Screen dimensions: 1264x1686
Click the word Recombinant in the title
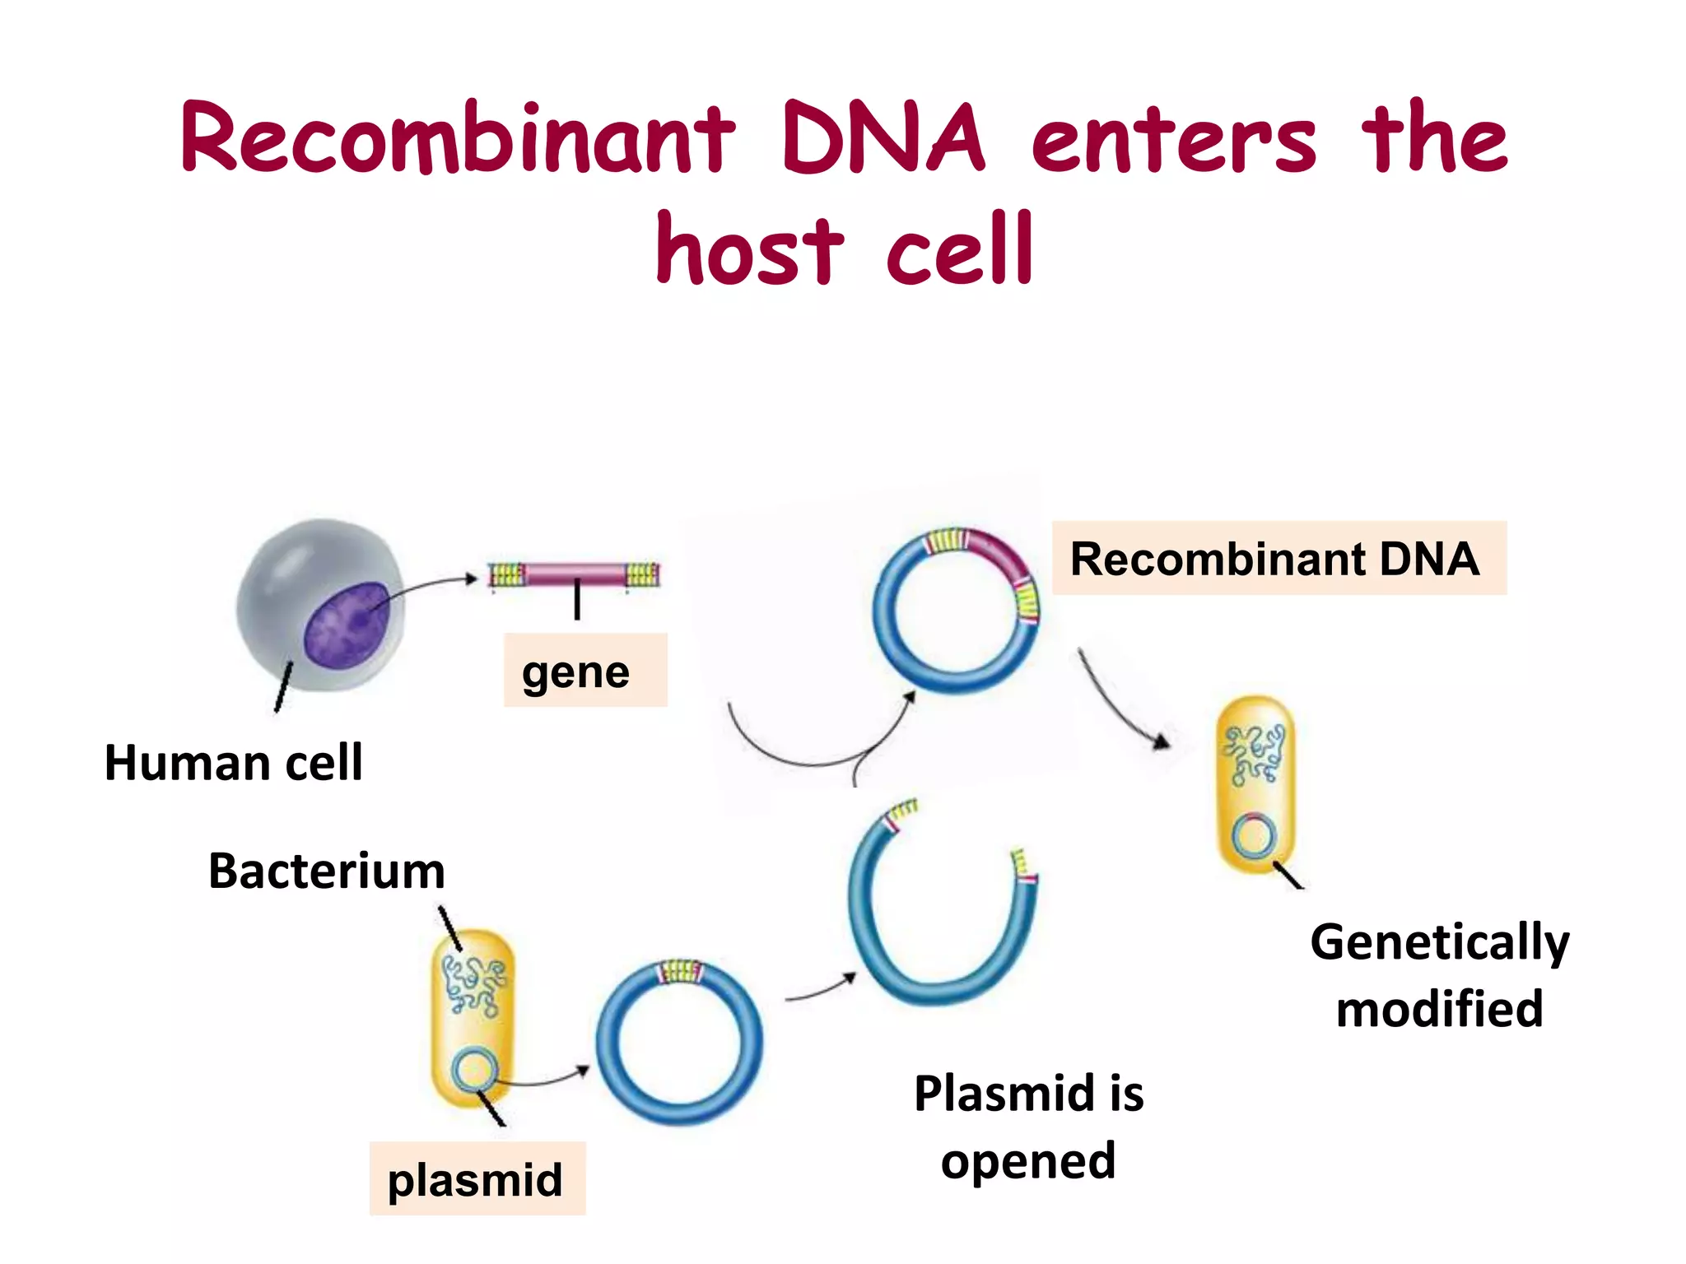click(x=457, y=137)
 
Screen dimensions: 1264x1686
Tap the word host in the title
click(x=748, y=249)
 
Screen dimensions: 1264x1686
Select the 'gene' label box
click(x=585, y=671)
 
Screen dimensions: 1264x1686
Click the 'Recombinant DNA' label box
click(x=1278, y=559)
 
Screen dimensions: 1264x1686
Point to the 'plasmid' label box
click(x=477, y=1178)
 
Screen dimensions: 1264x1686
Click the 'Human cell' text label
click(x=233, y=762)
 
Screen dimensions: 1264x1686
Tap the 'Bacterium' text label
click(x=326, y=871)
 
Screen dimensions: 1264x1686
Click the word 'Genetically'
click(x=1439, y=941)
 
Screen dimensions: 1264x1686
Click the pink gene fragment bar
click(x=575, y=574)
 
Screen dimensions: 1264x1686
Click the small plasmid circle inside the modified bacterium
click(x=1254, y=837)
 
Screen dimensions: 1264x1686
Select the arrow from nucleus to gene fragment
click(x=428, y=586)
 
